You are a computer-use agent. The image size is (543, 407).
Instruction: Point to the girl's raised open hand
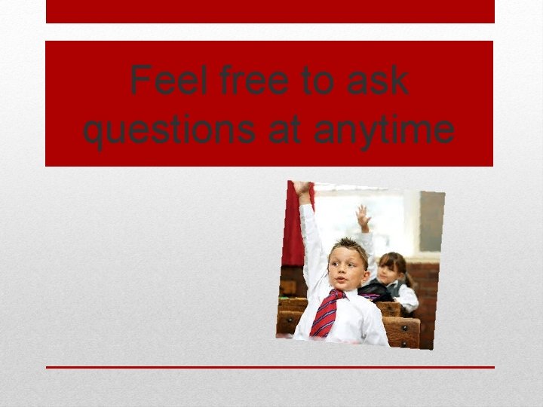pos(364,216)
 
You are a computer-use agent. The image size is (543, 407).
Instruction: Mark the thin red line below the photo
pos(270,367)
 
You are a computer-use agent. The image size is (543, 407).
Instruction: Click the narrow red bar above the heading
pos(270,11)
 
